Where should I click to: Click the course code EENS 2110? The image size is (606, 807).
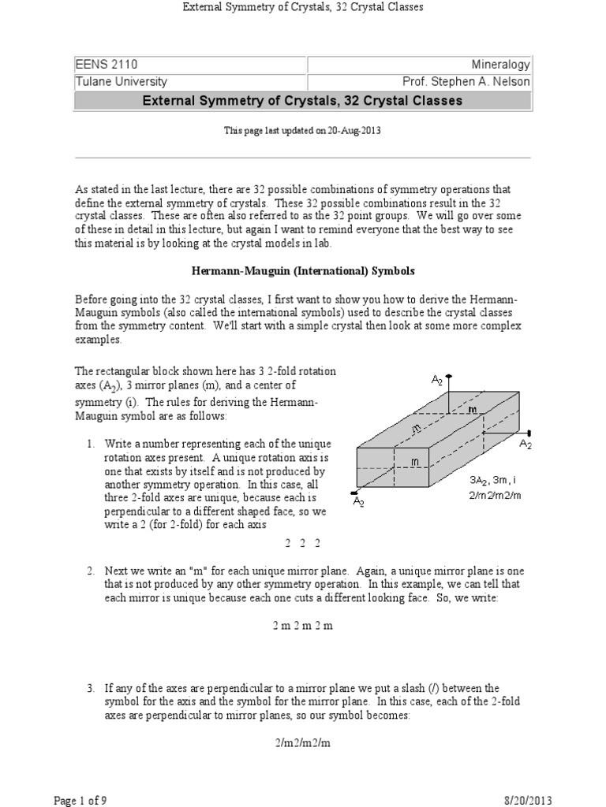(x=100, y=65)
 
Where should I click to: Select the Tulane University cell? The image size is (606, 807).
(x=121, y=82)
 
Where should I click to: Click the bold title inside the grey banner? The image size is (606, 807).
(x=302, y=101)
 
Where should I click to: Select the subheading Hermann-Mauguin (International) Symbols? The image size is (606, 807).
(x=304, y=270)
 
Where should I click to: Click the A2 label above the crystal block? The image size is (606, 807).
(x=436, y=380)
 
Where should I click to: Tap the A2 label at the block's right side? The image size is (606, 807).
(x=526, y=444)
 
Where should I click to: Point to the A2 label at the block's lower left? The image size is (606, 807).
(x=358, y=502)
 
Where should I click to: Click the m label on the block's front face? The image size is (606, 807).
(x=413, y=460)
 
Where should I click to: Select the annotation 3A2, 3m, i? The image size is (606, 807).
(x=491, y=479)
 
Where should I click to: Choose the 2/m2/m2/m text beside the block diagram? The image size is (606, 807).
(x=492, y=494)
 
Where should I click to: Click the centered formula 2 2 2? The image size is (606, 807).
(x=302, y=544)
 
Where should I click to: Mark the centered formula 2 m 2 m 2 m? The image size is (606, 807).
(x=303, y=625)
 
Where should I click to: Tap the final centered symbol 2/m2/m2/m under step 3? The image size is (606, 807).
(x=303, y=742)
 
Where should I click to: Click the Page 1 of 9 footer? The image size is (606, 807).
(x=80, y=800)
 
